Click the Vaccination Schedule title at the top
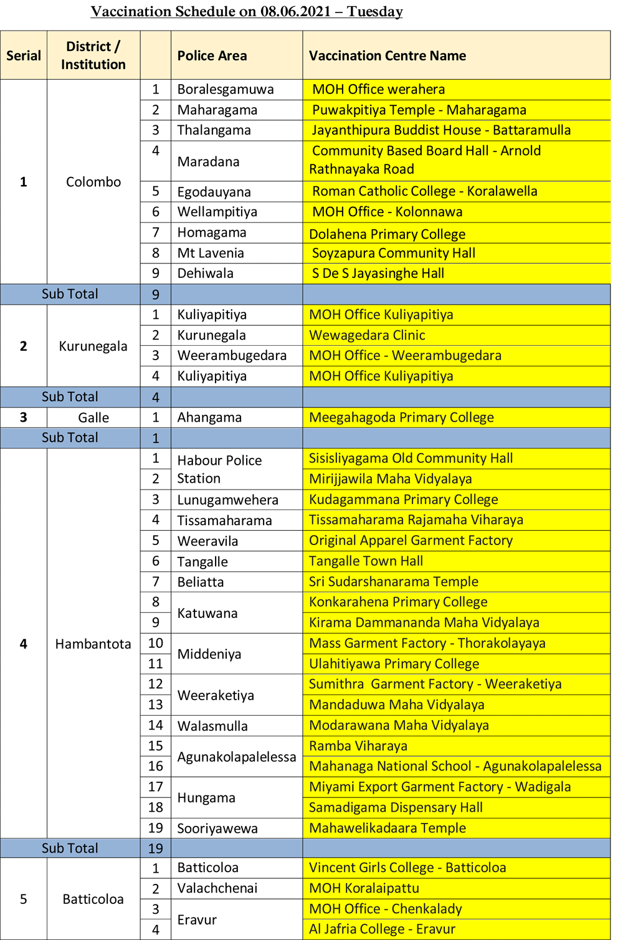(x=247, y=12)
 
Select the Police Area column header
(x=212, y=56)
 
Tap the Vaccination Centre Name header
(x=388, y=56)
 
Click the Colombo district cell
(x=93, y=182)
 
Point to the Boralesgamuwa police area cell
(x=226, y=90)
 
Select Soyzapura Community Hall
(x=393, y=253)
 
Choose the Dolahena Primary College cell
(x=388, y=234)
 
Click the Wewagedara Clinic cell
(x=367, y=335)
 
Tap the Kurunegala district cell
(x=93, y=346)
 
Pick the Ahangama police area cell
(x=209, y=417)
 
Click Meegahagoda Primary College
(x=401, y=417)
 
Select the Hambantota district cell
(x=93, y=644)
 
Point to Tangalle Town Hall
(x=366, y=561)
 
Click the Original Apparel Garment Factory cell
(x=411, y=541)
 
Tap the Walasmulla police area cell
(x=212, y=726)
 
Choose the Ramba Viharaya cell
(x=358, y=746)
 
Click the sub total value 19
(x=156, y=848)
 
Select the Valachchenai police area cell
(x=217, y=888)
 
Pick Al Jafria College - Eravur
(x=383, y=929)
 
